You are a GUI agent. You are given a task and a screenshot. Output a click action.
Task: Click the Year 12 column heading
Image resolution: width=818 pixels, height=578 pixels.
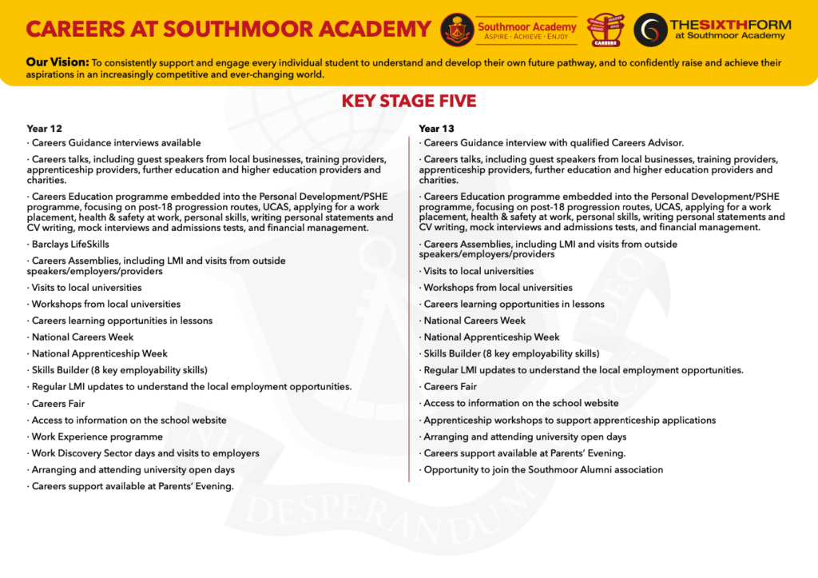click(44, 128)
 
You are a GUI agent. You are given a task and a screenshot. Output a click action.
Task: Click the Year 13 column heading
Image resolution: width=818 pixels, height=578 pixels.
click(436, 128)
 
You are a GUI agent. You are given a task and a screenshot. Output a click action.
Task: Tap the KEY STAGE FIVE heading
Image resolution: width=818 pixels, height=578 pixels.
click(408, 101)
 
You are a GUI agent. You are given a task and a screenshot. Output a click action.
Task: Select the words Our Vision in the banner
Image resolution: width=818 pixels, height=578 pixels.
click(57, 62)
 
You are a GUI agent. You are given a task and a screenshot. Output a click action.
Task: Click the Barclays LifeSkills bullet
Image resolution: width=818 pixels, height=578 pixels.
click(70, 244)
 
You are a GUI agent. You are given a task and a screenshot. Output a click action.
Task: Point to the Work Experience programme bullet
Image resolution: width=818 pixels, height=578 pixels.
click(97, 436)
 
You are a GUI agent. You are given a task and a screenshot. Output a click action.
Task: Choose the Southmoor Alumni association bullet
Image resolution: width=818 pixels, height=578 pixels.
click(543, 470)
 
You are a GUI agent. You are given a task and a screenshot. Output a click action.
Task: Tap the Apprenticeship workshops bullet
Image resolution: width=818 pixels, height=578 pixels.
click(570, 420)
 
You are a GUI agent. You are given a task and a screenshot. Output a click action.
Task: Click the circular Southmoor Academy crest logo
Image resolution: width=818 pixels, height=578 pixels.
click(456, 30)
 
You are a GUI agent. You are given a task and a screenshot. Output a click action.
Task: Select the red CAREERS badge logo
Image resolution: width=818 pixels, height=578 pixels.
click(605, 30)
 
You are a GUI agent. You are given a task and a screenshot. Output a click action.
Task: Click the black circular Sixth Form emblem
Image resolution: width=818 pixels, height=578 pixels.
click(649, 30)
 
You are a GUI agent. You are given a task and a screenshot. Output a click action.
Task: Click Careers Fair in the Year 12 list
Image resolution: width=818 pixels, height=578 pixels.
click(58, 404)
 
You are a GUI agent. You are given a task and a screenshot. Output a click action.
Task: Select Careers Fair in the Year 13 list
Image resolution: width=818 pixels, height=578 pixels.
click(450, 387)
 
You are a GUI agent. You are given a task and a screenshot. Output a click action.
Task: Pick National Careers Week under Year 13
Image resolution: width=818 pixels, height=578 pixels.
click(475, 321)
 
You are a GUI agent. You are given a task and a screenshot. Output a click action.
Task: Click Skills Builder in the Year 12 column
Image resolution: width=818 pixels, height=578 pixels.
click(119, 370)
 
